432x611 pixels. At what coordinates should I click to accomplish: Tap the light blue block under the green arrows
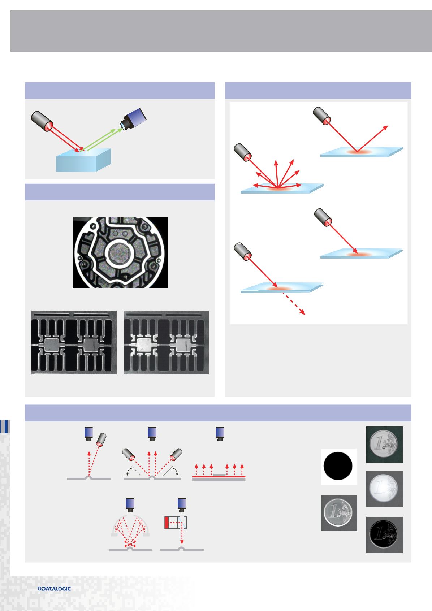coord(83,160)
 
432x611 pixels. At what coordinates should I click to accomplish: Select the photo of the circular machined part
coord(120,252)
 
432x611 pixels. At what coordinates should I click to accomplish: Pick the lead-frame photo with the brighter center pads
coord(166,342)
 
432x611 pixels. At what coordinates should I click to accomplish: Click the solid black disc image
coord(339,466)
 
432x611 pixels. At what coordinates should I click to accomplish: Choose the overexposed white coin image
coord(384,489)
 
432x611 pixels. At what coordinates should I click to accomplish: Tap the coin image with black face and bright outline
coord(384,534)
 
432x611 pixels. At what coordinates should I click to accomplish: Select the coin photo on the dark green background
coord(384,445)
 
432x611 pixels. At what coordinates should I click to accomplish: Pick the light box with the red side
coord(175,523)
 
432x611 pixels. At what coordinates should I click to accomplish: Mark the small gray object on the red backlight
coord(219,474)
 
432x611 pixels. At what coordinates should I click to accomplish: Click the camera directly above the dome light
coord(130,504)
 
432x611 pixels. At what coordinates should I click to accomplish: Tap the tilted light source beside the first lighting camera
coord(101,440)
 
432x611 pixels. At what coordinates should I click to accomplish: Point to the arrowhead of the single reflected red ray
coord(386,127)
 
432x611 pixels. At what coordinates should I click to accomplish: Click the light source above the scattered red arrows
coord(243,152)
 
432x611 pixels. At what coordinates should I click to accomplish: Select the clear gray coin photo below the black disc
coord(339,513)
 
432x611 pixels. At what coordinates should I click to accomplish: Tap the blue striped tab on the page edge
coord(5,426)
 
